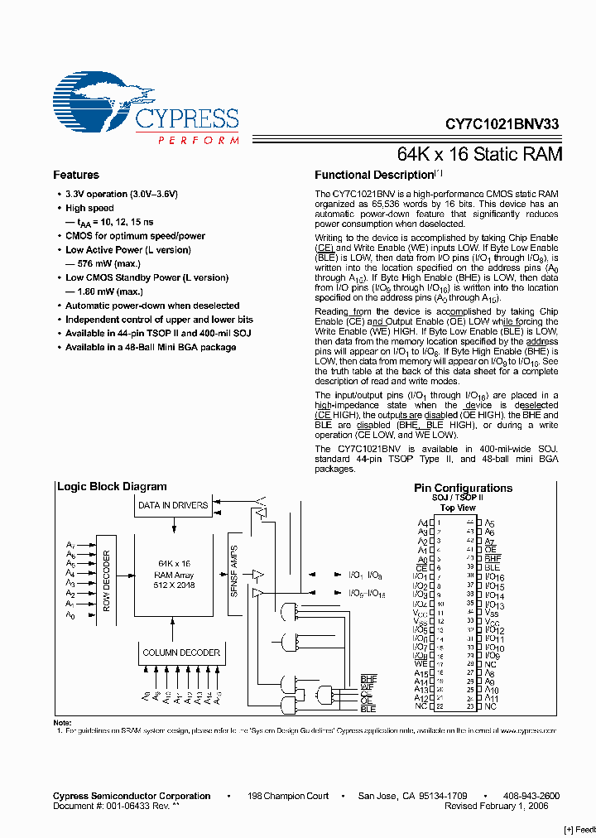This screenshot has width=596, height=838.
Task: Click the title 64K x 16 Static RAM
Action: tap(480, 155)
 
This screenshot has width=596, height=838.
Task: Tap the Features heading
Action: tap(76, 176)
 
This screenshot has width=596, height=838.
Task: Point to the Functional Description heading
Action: tap(374, 176)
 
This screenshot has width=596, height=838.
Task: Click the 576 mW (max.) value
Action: tap(99, 263)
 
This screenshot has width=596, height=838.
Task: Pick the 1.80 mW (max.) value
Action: tap(99, 291)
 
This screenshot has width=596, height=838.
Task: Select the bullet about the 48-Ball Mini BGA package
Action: tap(151, 347)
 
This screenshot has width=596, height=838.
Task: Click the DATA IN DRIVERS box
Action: tap(173, 505)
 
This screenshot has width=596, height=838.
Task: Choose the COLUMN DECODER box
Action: tap(181, 653)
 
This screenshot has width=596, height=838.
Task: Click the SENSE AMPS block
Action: tap(234, 571)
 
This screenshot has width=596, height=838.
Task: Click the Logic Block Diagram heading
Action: tap(112, 487)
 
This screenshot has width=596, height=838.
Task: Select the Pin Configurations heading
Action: tap(463, 489)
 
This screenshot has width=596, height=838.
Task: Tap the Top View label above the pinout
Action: tap(458, 508)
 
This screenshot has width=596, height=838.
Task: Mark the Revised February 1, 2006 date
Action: tap(502, 806)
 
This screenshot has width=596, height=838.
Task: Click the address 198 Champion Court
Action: tap(288, 796)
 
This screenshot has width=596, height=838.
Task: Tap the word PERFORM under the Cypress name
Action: tap(199, 141)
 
